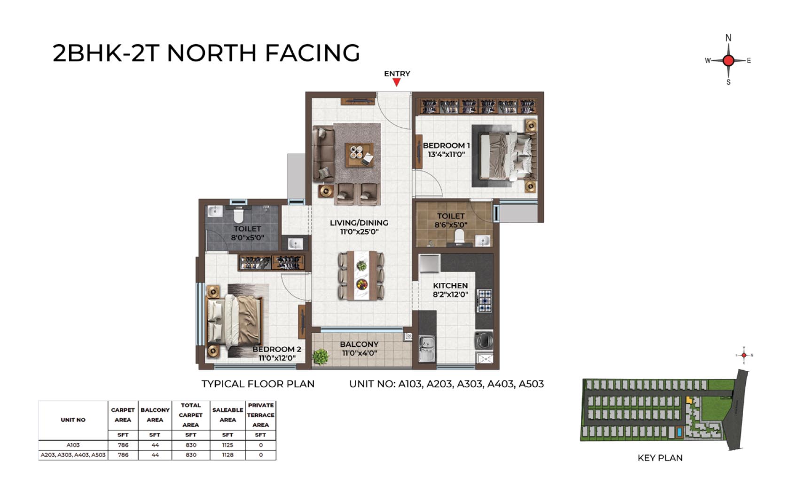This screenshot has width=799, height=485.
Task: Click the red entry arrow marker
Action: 396,83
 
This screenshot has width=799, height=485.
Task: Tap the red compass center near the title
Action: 728,61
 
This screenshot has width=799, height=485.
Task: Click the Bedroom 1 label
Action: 446,150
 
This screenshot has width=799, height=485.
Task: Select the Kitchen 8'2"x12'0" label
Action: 451,290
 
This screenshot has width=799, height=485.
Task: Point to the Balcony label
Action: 359,349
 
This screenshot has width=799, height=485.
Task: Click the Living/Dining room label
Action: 359,227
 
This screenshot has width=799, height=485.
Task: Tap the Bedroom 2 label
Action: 277,353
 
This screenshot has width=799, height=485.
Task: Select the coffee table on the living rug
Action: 359,155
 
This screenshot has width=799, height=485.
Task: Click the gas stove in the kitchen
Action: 484,301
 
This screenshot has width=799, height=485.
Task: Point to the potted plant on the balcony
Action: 320,357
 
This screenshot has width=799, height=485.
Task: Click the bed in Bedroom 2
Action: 234,321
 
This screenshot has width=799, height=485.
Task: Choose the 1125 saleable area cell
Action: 227,445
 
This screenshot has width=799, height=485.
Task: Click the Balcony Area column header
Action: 155,415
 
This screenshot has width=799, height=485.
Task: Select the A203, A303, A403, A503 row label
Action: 73,455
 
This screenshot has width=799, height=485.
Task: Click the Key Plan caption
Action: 660,458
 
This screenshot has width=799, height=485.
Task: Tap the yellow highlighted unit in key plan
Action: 689,400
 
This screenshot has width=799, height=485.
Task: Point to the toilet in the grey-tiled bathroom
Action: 238,215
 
